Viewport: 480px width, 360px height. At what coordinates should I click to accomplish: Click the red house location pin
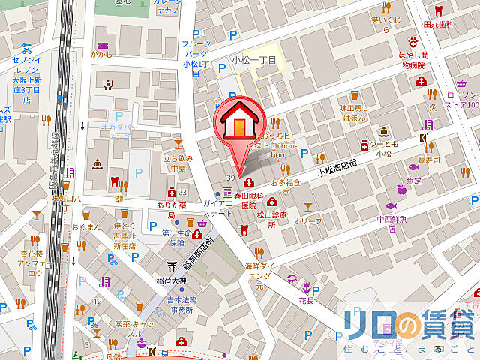pos(238,122)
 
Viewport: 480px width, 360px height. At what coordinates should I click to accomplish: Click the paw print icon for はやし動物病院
pos(412,40)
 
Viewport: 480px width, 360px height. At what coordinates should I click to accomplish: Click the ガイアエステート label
pos(217,208)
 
